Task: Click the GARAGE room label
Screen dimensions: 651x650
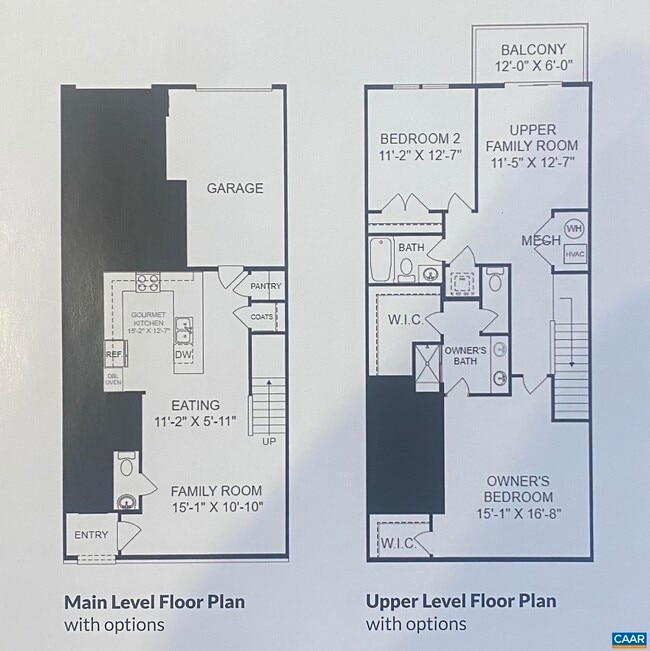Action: [235, 188]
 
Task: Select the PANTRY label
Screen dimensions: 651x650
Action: [266, 287]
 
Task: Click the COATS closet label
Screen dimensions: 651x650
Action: [262, 317]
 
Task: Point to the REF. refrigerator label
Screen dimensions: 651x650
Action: [113, 354]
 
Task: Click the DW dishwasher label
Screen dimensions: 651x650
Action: [183, 354]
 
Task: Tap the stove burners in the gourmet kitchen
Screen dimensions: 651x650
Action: [148, 283]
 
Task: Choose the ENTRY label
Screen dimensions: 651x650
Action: [91, 535]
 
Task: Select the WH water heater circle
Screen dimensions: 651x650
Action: [573, 229]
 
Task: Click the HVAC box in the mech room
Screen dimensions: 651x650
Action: [573, 254]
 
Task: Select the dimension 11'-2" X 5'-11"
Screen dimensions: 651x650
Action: [195, 422]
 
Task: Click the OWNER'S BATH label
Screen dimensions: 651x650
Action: [465, 356]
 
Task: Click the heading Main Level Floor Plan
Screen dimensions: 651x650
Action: [154, 602]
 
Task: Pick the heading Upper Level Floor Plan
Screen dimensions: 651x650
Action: [460, 602]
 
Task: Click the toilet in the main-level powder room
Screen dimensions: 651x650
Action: [127, 466]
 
